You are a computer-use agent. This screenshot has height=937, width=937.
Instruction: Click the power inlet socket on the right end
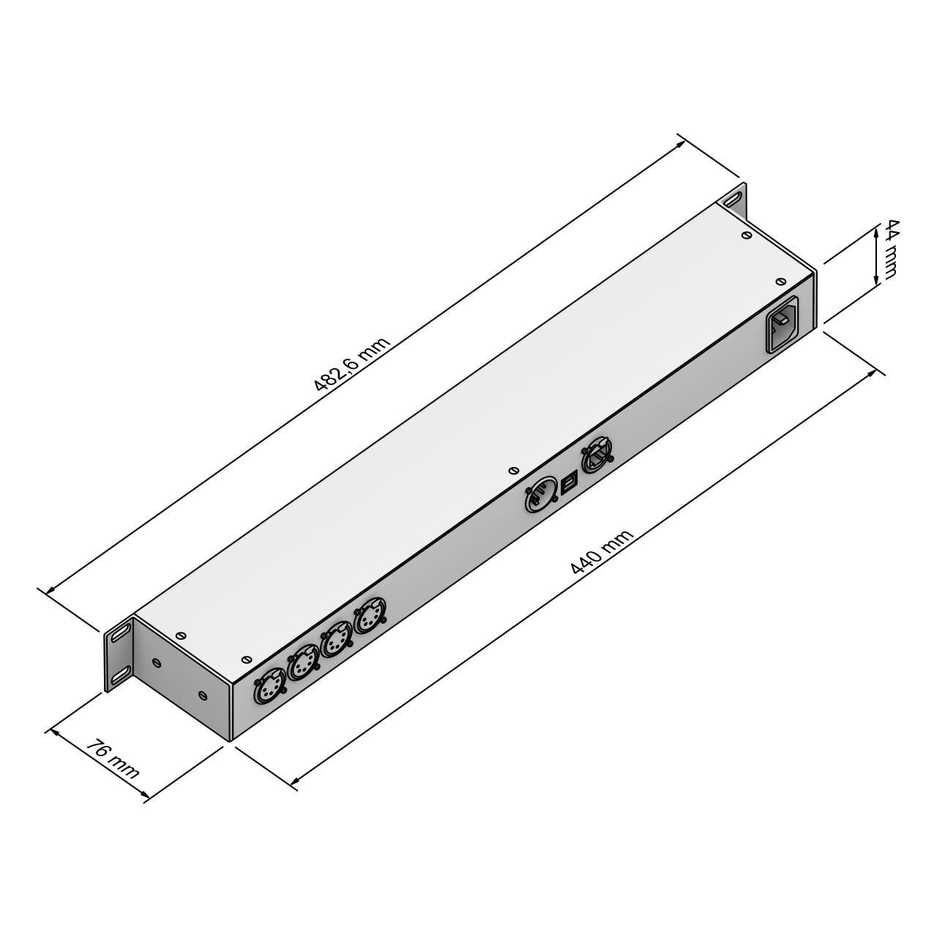coord(782,324)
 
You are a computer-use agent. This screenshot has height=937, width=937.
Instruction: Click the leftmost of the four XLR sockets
coord(269,685)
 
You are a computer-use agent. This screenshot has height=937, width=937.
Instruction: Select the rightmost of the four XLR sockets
coord(370,619)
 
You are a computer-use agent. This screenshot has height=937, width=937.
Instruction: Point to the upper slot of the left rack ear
coord(120,632)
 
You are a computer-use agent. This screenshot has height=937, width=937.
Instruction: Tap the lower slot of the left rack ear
coord(120,672)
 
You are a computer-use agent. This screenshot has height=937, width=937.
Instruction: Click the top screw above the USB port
coord(513,470)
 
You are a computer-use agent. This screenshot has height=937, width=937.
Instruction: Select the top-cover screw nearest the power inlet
coord(780,281)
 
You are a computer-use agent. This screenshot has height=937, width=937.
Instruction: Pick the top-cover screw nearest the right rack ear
coord(745,235)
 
